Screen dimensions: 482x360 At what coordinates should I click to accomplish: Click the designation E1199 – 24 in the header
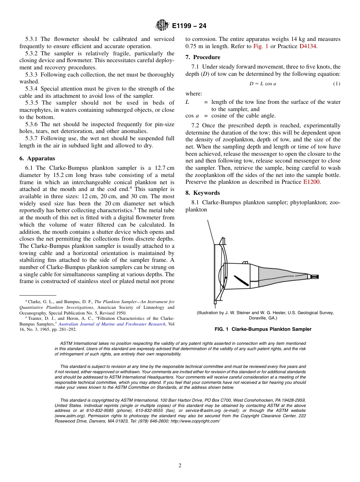189,26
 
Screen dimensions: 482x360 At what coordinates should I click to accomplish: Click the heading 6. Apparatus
37,159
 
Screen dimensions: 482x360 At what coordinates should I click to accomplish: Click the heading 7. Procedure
203,57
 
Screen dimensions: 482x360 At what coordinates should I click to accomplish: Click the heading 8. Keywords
202,193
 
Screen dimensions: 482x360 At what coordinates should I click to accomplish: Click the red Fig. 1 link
260,46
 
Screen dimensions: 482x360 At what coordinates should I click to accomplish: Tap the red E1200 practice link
311,182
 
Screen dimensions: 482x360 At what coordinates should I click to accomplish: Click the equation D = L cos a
263,84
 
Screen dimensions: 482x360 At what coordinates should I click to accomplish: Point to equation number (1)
337,84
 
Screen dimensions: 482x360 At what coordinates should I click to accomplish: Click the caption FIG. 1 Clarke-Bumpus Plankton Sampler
263,329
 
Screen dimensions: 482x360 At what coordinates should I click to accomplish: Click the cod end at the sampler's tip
314,277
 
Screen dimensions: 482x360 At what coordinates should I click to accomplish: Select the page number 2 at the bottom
180,466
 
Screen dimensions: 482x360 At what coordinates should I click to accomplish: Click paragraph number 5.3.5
33,103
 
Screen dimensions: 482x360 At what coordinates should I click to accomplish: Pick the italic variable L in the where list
187,102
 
